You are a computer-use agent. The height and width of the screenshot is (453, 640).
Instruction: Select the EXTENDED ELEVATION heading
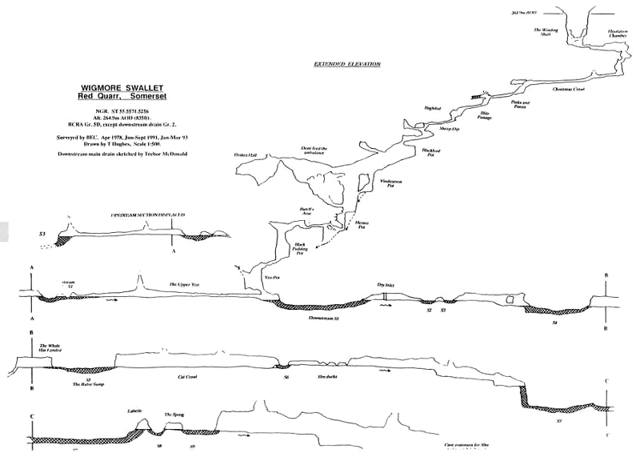coord(347,64)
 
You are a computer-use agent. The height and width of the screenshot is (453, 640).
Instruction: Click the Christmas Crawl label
coord(569,90)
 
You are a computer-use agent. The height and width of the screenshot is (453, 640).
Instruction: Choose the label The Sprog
coord(174,414)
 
